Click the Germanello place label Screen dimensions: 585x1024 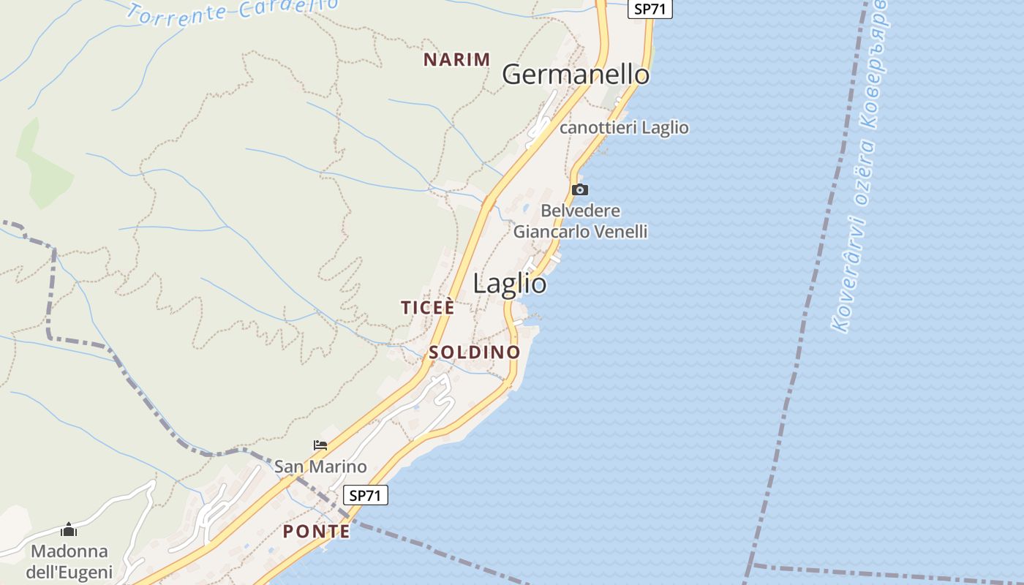576,75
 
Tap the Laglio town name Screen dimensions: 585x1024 510,284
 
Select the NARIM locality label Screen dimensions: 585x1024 457,60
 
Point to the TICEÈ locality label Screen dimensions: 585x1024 428,308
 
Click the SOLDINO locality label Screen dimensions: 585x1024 475,352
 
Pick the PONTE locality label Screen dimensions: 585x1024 317,532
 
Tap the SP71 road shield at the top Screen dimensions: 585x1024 650,10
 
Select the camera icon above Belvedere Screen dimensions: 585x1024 579,190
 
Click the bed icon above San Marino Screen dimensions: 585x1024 320,445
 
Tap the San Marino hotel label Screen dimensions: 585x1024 320,467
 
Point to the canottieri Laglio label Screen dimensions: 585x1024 624,128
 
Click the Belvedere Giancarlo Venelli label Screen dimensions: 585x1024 581,222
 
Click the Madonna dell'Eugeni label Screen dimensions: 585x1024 69,562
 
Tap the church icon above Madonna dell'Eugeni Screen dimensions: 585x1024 69,529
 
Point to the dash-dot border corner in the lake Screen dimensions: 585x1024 750,564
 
